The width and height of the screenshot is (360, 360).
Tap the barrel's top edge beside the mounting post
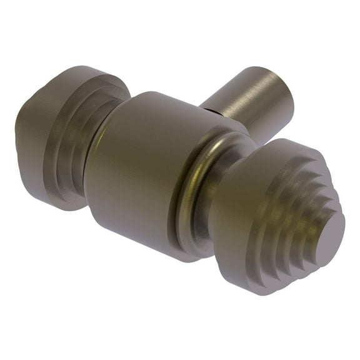(187, 103)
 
